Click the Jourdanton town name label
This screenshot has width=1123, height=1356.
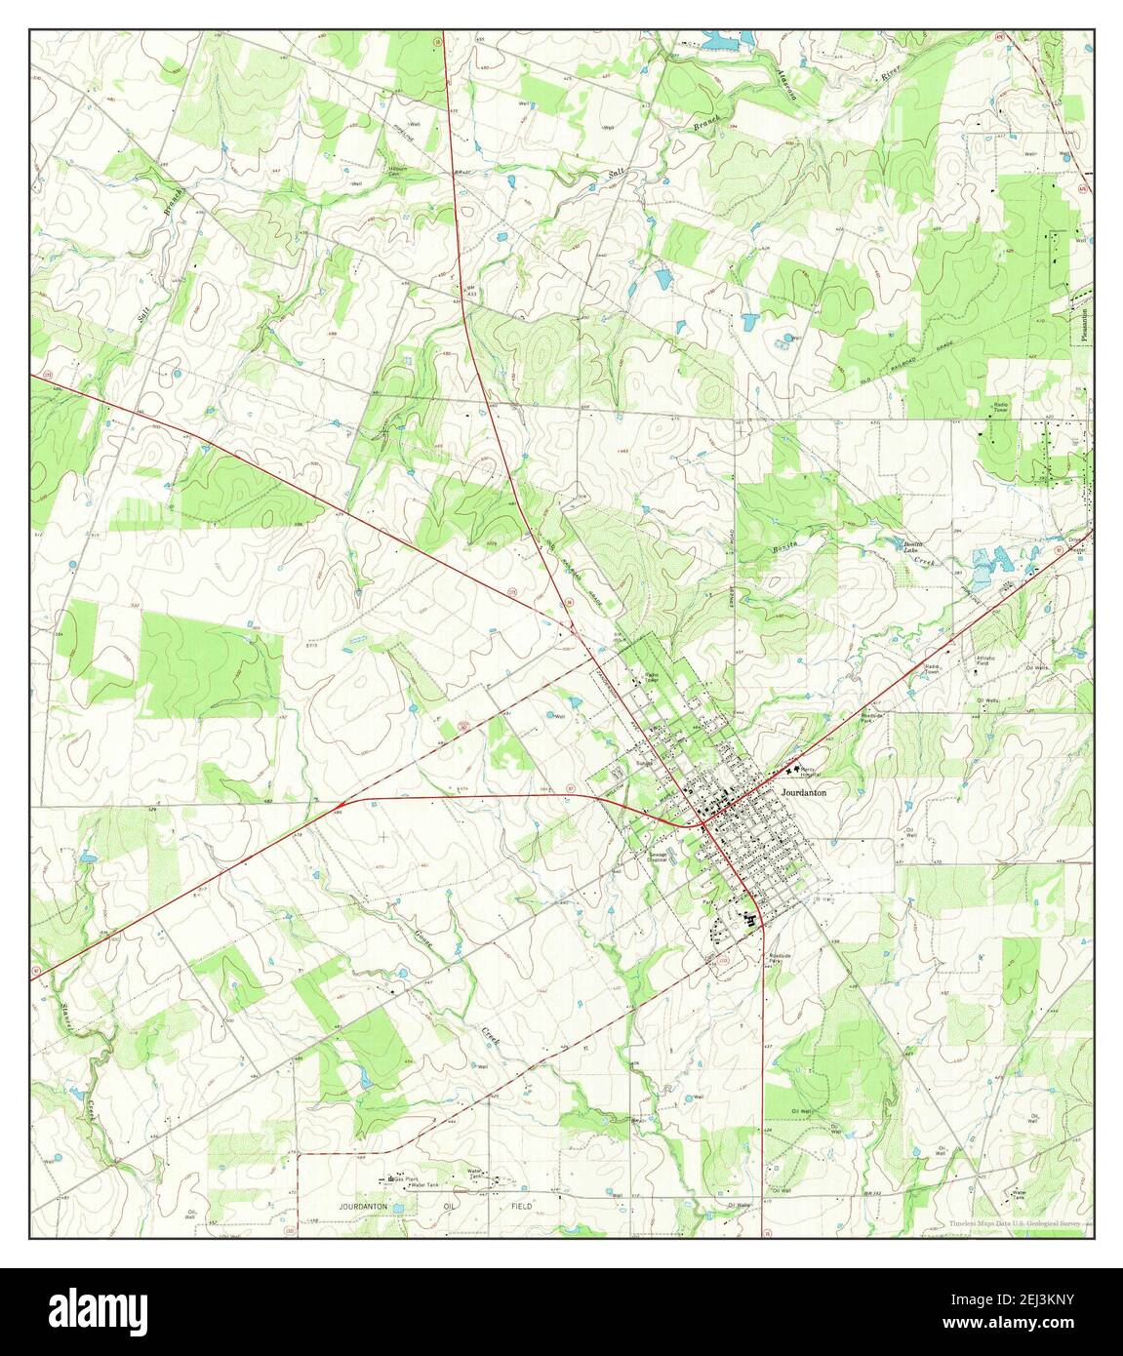tap(804, 793)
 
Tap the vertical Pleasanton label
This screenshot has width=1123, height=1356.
tap(1083, 321)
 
